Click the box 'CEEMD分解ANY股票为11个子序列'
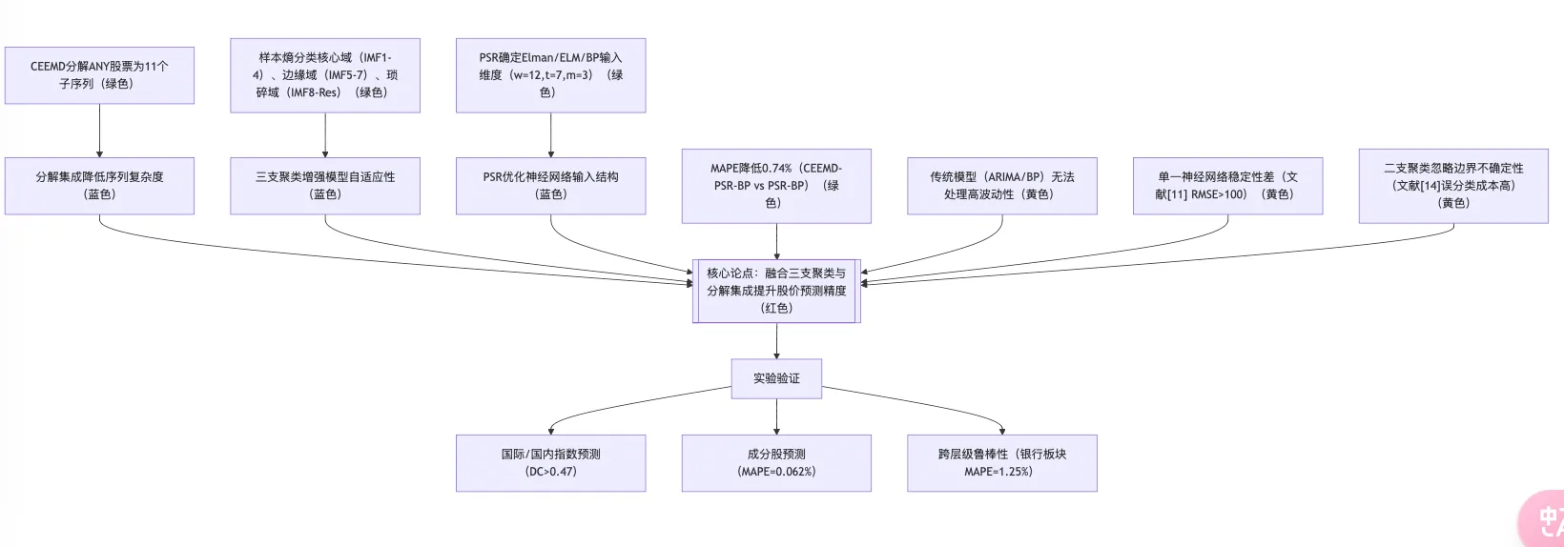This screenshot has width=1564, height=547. pos(99,75)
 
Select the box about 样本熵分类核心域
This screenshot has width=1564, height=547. pos(325,75)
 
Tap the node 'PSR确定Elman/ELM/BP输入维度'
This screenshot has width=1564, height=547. pos(550,75)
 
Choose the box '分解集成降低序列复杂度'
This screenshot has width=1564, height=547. pos(99,186)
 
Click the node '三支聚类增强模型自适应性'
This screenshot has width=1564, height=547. pos(325,186)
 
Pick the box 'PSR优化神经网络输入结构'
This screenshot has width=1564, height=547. pos(550,186)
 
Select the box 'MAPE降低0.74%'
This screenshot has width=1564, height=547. pos(776,186)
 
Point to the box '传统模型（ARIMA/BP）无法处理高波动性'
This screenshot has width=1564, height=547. pos(1001,186)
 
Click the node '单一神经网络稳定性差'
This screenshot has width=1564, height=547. pos(1227,186)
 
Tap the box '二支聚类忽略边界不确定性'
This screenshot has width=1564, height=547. pos(1453,186)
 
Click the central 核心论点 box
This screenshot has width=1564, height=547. pos(776,291)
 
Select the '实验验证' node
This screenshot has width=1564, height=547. pos(776,378)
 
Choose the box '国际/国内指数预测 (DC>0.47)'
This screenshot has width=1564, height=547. pos(550,463)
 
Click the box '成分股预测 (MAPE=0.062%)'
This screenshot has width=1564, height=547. pos(776,463)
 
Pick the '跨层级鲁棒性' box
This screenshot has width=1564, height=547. pos(1001,463)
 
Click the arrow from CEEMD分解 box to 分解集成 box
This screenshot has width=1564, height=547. pos(99,131)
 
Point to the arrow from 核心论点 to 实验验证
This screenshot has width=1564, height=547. pos(776,340)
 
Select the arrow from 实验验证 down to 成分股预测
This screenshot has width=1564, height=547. pos(776,416)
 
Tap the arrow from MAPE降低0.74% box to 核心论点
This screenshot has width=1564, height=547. pos(776,241)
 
